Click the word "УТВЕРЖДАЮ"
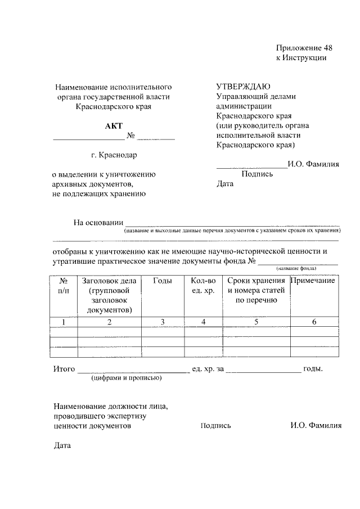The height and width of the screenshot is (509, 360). pyautogui.click(x=243, y=87)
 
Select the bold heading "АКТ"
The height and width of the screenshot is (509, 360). pyautogui.click(x=113, y=125)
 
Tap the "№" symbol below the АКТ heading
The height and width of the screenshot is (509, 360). pyautogui.click(x=130, y=136)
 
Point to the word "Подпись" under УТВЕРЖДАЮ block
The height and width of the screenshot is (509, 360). pyautogui.click(x=257, y=174)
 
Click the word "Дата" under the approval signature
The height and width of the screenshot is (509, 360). pyautogui.click(x=224, y=184)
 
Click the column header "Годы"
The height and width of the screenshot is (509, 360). pyautogui.click(x=162, y=281)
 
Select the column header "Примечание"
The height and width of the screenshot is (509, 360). pyautogui.click(x=313, y=281)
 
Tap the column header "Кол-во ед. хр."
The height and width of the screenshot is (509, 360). pyautogui.click(x=203, y=285)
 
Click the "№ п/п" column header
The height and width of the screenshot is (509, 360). pyautogui.click(x=64, y=285)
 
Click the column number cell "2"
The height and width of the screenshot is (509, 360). pyautogui.click(x=109, y=322)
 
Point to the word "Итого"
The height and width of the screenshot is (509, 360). pyautogui.click(x=64, y=369)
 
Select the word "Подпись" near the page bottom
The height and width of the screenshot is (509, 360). pyautogui.click(x=215, y=426)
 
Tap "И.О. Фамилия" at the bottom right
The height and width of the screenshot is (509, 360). pyautogui.click(x=316, y=426)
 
